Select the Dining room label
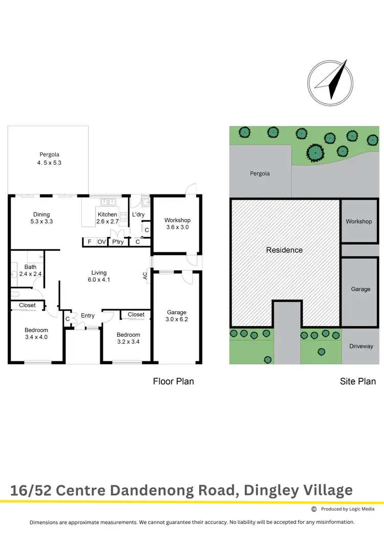(x=41, y=218)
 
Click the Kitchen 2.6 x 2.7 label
(x=107, y=218)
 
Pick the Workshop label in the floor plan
(x=177, y=224)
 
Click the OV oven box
(x=102, y=242)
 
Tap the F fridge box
(x=89, y=242)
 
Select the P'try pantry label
(x=118, y=242)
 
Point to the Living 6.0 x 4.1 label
(x=99, y=276)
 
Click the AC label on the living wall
(x=145, y=276)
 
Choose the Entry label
(x=88, y=316)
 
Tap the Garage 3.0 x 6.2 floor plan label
(x=177, y=316)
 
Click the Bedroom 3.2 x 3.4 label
(x=129, y=338)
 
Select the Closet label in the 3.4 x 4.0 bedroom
(x=28, y=305)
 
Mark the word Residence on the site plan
(x=284, y=250)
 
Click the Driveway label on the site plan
(x=361, y=346)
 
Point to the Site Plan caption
(x=358, y=381)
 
